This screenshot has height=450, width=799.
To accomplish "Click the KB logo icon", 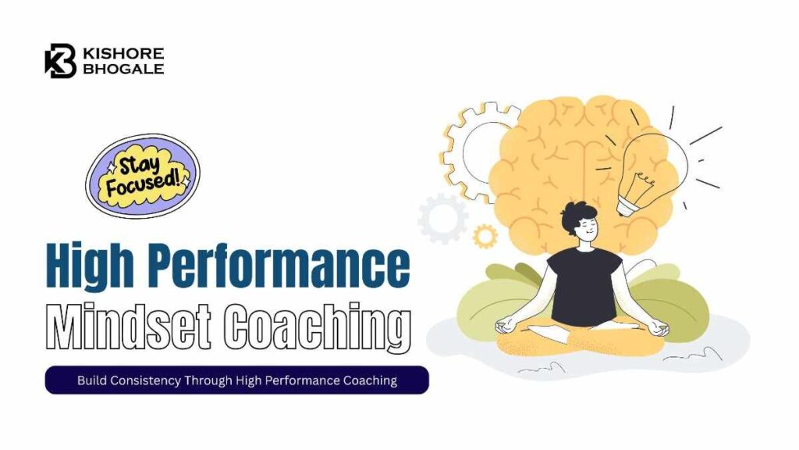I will coord(60,61).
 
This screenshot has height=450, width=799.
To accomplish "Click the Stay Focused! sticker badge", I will coord(142,175).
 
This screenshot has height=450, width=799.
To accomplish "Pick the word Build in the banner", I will coord(91,380).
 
